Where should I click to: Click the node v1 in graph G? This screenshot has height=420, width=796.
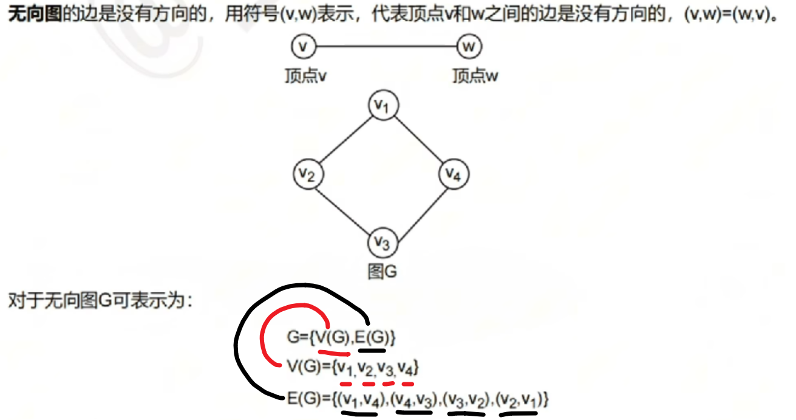[383, 106]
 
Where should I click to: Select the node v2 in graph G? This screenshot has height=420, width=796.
[307, 174]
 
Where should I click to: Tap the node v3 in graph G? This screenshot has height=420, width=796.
[383, 243]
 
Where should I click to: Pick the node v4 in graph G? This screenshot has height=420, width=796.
[454, 174]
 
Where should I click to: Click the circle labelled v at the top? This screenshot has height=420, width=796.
[304, 46]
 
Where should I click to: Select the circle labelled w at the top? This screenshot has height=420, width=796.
[469, 46]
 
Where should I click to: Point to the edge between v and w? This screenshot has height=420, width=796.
[386, 46]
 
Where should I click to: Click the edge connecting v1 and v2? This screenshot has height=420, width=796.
[344, 140]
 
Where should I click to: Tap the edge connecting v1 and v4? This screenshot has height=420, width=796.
[418, 140]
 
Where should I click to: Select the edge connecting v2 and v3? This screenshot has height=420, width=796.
[344, 209]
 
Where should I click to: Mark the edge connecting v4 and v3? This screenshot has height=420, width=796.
[418, 209]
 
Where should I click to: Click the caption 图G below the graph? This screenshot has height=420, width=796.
[383, 271]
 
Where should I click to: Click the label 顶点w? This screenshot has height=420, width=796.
[475, 77]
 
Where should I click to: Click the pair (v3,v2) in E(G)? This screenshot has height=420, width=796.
[466, 399]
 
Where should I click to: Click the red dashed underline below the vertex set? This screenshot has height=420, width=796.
[376, 384]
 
